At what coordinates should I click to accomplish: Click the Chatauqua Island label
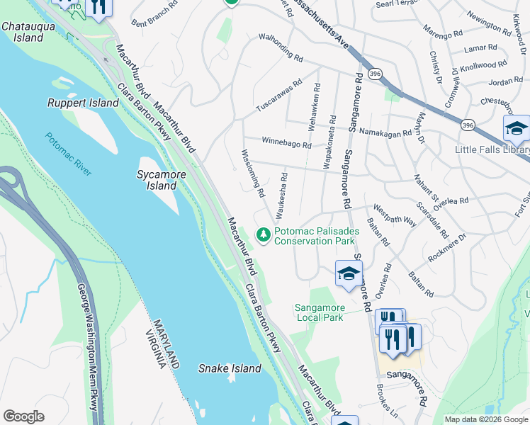point(23,32)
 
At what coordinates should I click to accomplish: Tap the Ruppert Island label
point(83,103)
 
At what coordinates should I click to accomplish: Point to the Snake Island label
point(230,368)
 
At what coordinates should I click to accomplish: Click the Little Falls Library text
point(492,150)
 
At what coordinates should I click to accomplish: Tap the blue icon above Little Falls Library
point(517,129)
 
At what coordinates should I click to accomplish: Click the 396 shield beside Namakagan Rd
point(467,125)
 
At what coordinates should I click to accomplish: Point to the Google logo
point(23,416)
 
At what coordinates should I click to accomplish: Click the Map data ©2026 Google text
point(486,419)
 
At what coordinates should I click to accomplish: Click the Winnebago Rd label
point(286,142)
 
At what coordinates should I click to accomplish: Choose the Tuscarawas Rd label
point(278,95)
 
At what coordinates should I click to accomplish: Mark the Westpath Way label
point(395,215)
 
